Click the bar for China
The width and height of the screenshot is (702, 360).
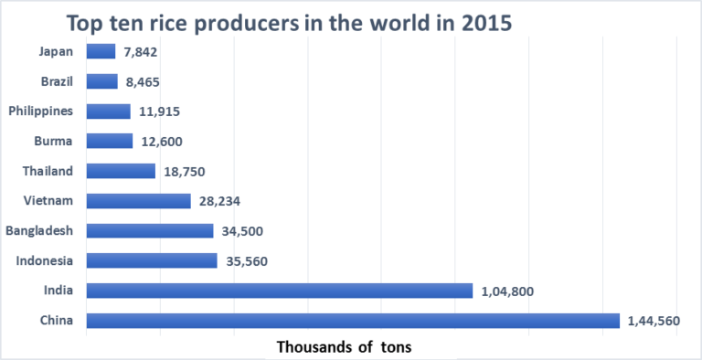[352, 321]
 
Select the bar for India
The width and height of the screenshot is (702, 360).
[279, 291]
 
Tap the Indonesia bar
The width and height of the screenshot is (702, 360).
[152, 260]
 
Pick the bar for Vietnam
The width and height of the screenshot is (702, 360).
[138, 201]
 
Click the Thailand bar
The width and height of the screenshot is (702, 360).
[121, 171]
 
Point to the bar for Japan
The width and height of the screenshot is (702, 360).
[101, 51]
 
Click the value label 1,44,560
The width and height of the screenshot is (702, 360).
[654, 321]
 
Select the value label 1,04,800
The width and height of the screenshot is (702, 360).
[507, 291]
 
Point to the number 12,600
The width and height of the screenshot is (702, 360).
[163, 141]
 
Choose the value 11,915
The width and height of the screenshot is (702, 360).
[159, 111]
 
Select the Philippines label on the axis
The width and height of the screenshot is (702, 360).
[43, 111]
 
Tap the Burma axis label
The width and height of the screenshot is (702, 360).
[55, 141]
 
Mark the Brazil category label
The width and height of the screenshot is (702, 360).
[58, 81]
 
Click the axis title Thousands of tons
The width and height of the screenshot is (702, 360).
[345, 347]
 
